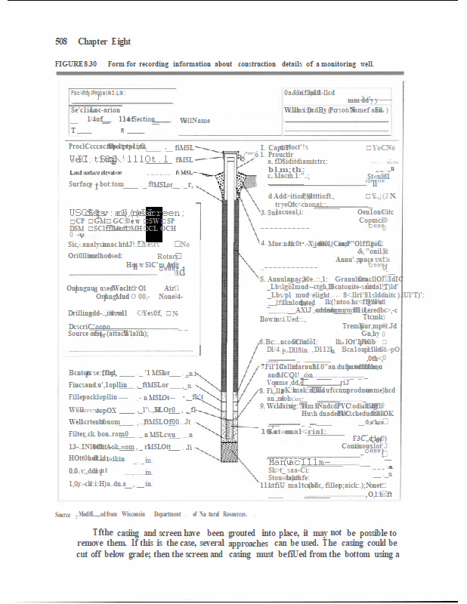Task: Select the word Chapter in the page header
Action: pyautogui.click(x=92, y=42)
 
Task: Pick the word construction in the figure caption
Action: pyautogui.click(x=257, y=64)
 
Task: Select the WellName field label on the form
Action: pyautogui.click(x=195, y=121)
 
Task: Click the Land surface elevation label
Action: pyautogui.click(x=101, y=173)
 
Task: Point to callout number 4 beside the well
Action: pyautogui.click(x=262, y=243)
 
